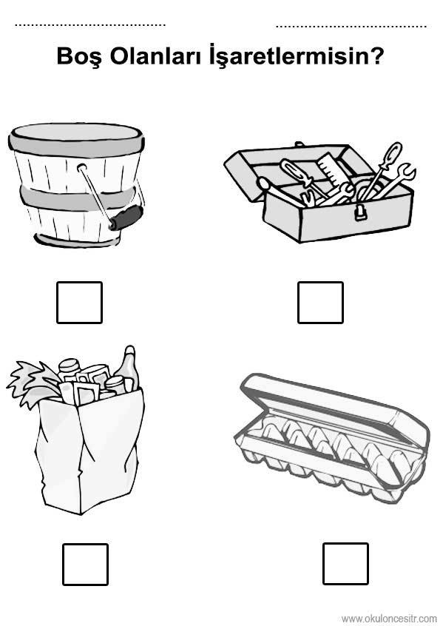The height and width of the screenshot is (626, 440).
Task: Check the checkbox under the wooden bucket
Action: (79, 302)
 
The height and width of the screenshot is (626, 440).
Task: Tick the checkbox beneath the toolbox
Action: (320, 302)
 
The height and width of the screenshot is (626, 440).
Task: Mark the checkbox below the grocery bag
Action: (85, 564)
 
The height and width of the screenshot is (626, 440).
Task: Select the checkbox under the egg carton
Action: (345, 563)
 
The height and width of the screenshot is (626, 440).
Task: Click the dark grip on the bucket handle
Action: (126, 218)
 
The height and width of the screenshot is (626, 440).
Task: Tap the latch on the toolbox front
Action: (361, 212)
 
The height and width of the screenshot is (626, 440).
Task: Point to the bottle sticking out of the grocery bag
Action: (129, 368)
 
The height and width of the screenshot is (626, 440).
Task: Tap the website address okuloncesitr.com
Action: (389, 619)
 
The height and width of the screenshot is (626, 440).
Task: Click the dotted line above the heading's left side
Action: (90, 25)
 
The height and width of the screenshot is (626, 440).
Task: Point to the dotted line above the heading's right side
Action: (351, 27)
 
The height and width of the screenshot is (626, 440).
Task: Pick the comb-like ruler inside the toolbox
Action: (331, 169)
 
